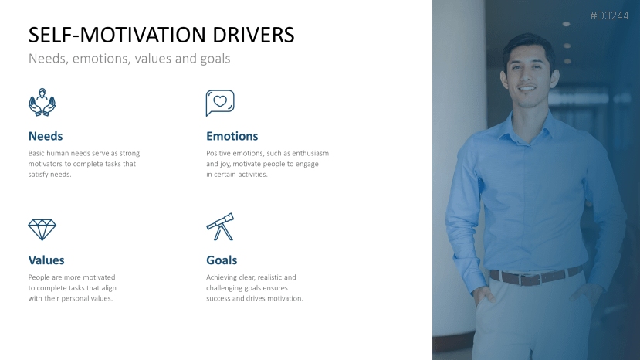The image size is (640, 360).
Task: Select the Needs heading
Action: pos(46,136)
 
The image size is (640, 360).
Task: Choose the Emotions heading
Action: pos(232,136)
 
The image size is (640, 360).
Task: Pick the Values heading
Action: pos(46,260)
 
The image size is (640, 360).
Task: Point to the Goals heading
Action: pos(222,260)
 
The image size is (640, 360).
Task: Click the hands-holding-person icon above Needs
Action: pos(42,103)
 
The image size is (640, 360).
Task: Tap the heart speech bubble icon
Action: pos(220,102)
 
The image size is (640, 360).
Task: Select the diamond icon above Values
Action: pos(42,229)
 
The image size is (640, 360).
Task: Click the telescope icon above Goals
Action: pos(220,226)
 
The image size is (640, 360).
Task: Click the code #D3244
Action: pos(609,15)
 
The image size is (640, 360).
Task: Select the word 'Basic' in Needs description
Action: pos(37,153)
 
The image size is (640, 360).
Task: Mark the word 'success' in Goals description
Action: pos(220,298)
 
